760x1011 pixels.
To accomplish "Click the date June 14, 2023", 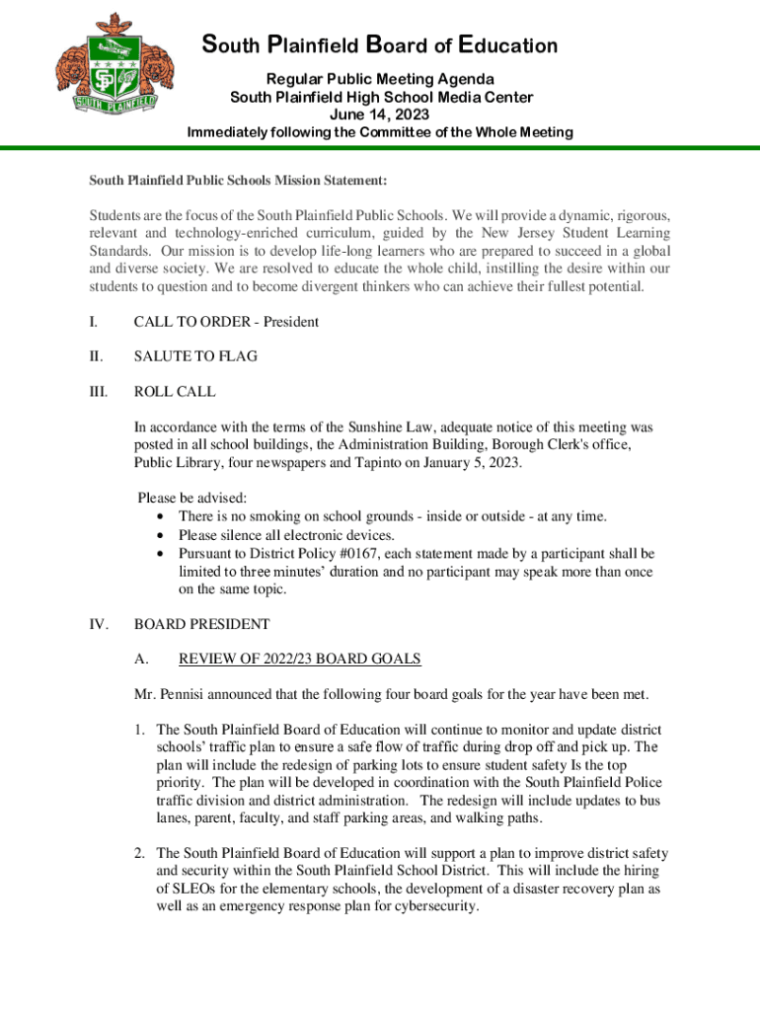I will [380, 115].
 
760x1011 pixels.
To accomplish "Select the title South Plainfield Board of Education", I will [380, 45].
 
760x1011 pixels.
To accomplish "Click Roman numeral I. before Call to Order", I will [93, 322].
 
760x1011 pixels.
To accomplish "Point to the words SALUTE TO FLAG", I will [195, 356].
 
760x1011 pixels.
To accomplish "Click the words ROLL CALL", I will [175, 392].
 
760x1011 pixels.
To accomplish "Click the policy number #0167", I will [367, 554].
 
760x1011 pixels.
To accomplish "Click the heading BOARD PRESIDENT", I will [201, 624].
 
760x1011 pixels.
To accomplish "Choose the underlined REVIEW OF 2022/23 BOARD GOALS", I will [299, 659].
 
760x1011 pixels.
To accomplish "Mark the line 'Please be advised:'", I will [192, 498].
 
